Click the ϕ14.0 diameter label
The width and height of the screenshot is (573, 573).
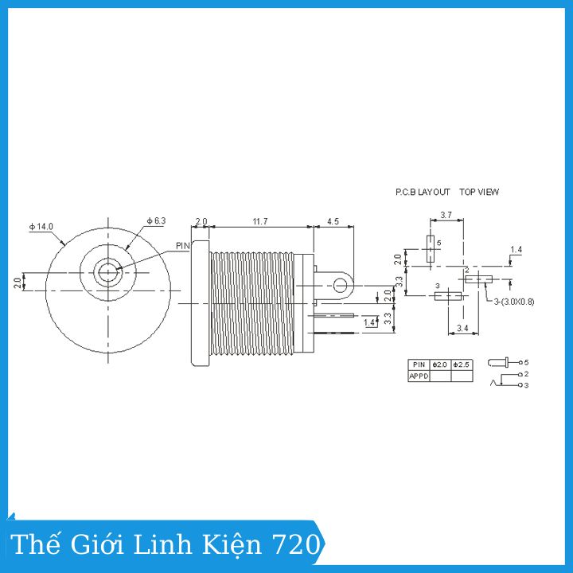[x=41, y=227]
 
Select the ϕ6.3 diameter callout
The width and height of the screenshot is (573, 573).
[x=156, y=220]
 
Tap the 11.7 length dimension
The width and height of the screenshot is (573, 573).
[x=260, y=221]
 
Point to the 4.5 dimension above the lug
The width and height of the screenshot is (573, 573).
[x=333, y=221]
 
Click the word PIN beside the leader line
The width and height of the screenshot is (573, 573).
[x=183, y=246]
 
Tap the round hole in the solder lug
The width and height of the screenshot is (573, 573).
[x=341, y=286]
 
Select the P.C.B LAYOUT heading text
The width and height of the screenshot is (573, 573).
[x=423, y=192]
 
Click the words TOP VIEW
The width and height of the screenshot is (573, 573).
[x=479, y=192]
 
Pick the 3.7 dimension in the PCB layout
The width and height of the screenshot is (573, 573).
[x=446, y=215]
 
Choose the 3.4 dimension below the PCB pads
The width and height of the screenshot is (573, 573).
[x=462, y=328]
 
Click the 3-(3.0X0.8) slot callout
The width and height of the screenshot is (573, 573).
[x=514, y=302]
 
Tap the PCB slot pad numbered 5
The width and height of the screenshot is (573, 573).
[x=431, y=249]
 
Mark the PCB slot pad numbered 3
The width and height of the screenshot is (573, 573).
[x=448, y=295]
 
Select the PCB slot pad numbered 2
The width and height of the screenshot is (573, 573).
[x=479, y=279]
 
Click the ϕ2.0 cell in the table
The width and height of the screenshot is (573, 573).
[x=440, y=364]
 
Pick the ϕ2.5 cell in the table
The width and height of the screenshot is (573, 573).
[x=462, y=364]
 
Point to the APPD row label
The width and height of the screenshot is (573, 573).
[x=419, y=376]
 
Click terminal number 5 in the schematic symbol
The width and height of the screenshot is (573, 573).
[x=526, y=363]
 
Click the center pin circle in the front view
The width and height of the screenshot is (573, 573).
[x=108, y=272]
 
